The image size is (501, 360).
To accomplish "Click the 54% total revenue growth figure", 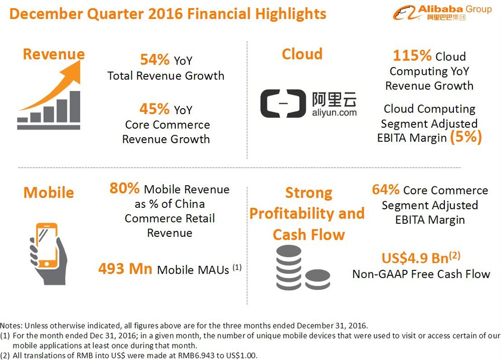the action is [155, 60].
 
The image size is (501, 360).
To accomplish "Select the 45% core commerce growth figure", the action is [154, 109].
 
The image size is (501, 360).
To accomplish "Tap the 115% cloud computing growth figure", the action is [412, 56].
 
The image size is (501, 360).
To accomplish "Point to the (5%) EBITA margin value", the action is [465, 137].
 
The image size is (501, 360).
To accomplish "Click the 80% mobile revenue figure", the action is [124, 188].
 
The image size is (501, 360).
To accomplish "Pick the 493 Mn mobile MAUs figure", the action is [125, 269].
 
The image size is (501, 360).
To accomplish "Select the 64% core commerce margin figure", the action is [385, 189].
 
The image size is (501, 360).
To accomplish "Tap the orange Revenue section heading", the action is [54, 54].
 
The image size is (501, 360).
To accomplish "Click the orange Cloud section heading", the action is [302, 54].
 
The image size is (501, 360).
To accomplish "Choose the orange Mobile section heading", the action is [49, 193].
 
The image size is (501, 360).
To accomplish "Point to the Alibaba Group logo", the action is [442, 13].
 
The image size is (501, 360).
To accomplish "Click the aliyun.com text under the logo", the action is [334, 113].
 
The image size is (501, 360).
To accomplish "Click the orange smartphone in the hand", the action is [47, 245].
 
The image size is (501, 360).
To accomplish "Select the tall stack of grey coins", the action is [289, 267].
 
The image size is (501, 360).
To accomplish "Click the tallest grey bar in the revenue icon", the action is [75, 106].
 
